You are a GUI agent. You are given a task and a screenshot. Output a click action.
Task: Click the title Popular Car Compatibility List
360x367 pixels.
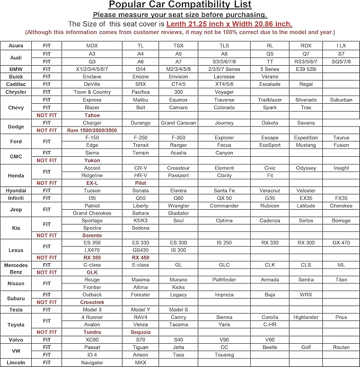point(180,5)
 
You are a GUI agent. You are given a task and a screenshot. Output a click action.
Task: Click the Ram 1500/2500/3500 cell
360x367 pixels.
point(92,130)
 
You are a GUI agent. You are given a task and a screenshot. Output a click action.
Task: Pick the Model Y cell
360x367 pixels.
point(141,310)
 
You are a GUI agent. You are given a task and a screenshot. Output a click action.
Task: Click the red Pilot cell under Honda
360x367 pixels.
point(141,183)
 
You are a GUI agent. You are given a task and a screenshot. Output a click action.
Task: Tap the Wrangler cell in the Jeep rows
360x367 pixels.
point(179,205)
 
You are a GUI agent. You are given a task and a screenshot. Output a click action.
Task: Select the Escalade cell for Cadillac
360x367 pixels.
point(270,84)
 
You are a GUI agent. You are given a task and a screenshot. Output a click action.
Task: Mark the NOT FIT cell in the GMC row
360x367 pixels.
point(46,160)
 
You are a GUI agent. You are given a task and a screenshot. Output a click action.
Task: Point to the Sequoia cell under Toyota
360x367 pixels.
point(141,332)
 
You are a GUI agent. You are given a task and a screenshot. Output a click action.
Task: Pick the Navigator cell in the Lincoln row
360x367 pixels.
point(92,363)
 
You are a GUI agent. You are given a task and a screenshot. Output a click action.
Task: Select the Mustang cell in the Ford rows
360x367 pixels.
point(306,145)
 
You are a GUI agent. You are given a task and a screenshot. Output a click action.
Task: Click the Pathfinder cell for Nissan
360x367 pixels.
point(224,280)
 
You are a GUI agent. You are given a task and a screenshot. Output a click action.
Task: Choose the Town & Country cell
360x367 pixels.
point(92,92)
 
